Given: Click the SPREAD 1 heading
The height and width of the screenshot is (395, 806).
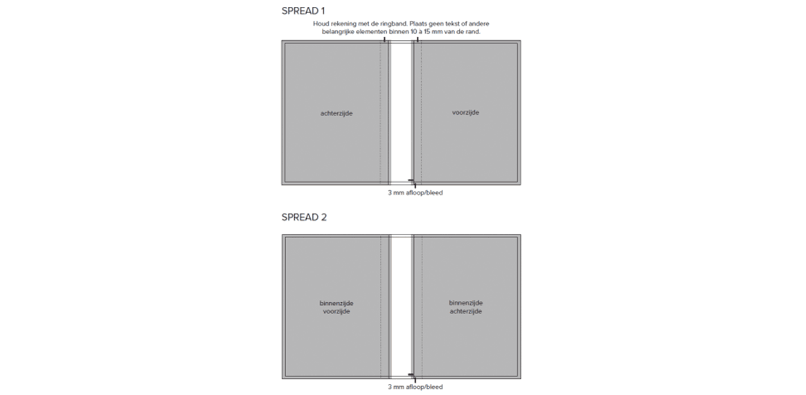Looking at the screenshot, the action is point(303,11).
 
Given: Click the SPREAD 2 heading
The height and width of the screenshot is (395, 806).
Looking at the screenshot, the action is point(304,217).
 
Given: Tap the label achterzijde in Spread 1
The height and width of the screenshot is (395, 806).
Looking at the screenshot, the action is point(337,113).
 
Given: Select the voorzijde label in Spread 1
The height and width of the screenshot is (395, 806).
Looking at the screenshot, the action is point(466,113).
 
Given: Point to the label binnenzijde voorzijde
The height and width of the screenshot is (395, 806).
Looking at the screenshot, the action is point(337,307).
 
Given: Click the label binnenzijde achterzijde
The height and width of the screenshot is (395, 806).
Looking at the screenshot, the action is point(466,307).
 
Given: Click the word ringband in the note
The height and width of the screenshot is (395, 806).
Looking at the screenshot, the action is point(394,24).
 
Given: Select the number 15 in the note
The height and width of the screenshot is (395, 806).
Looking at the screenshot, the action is point(427,32).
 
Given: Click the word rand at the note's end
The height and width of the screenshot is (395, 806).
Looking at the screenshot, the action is point(473,32).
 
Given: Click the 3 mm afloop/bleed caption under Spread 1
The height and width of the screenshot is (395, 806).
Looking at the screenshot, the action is point(415,193).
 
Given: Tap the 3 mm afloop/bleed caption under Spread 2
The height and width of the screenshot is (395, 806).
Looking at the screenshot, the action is point(415,387).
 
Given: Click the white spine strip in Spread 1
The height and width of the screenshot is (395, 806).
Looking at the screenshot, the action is point(401,113).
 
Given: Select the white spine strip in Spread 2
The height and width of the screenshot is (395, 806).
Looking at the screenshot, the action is point(401,306).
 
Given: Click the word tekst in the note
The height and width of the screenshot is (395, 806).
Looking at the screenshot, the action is point(454,24).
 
